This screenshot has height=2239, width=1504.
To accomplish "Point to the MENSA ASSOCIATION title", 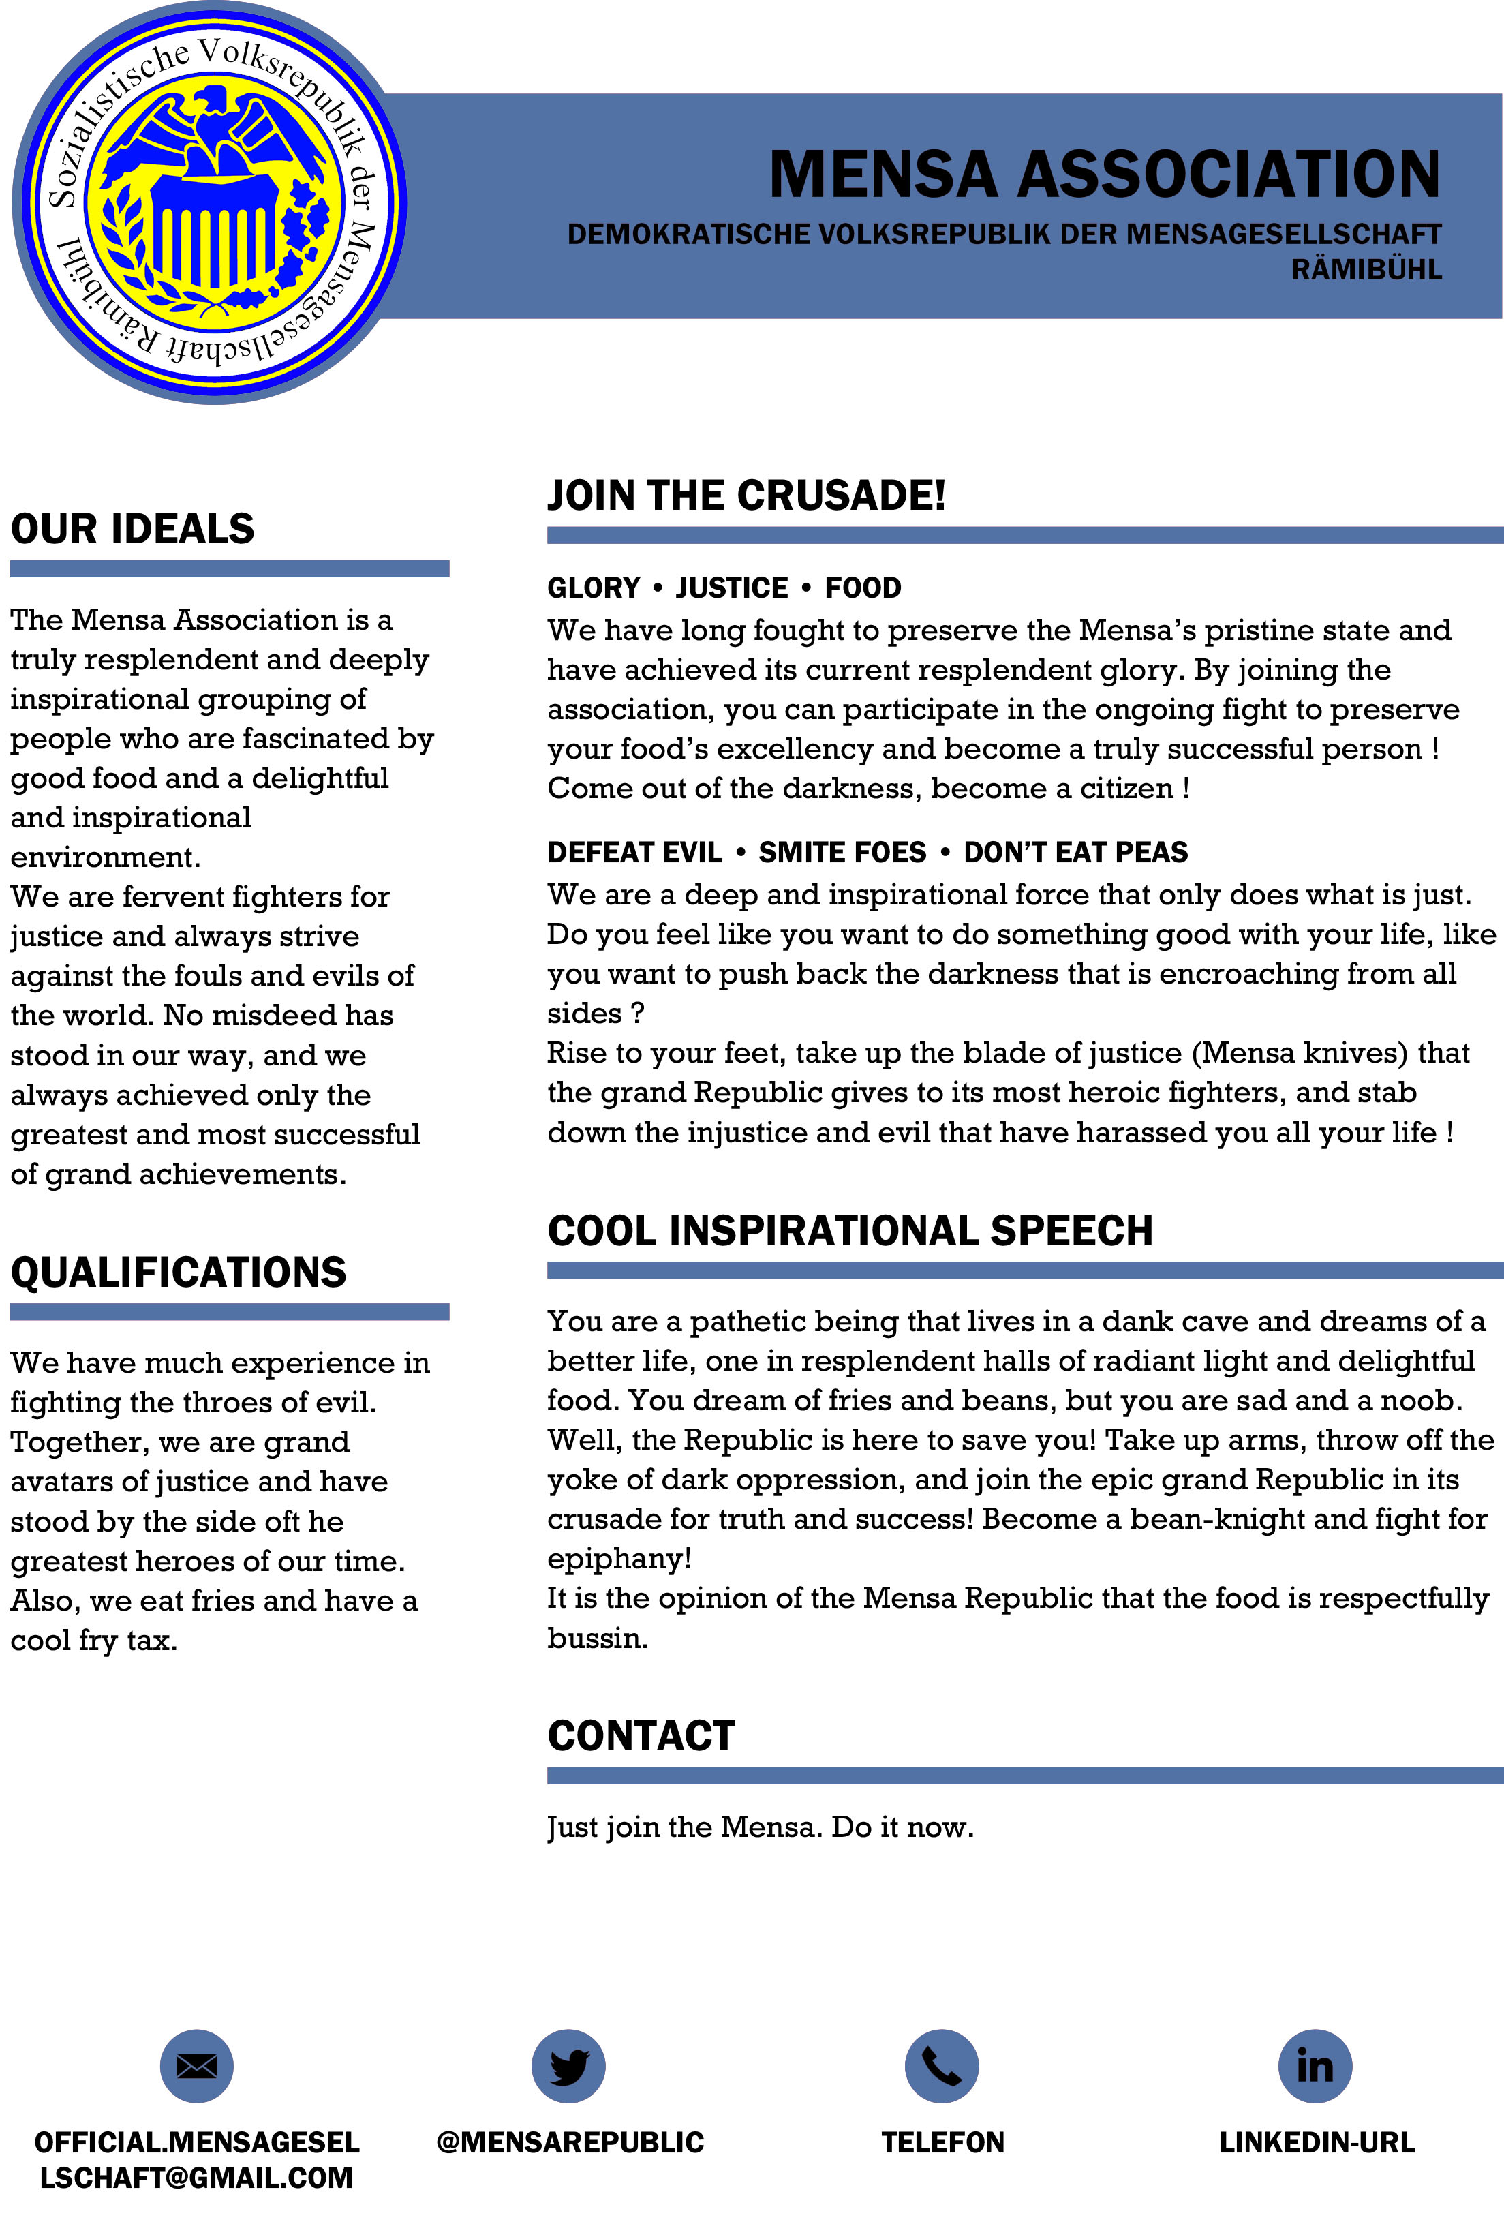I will click(1104, 174).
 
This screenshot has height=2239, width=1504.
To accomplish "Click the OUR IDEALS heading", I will click(132, 529).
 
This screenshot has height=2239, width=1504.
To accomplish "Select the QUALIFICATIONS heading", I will click(179, 1272).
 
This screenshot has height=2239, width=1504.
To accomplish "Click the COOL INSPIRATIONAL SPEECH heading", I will click(850, 1231).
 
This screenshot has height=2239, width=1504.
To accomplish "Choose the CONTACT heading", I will click(641, 1736).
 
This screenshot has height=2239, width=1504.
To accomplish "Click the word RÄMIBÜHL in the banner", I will click(1366, 269).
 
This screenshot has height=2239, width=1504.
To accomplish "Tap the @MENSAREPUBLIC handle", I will click(570, 2142).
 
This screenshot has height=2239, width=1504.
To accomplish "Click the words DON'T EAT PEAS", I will click(1075, 852).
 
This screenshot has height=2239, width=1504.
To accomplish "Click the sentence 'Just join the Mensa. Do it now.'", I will click(760, 1827).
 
